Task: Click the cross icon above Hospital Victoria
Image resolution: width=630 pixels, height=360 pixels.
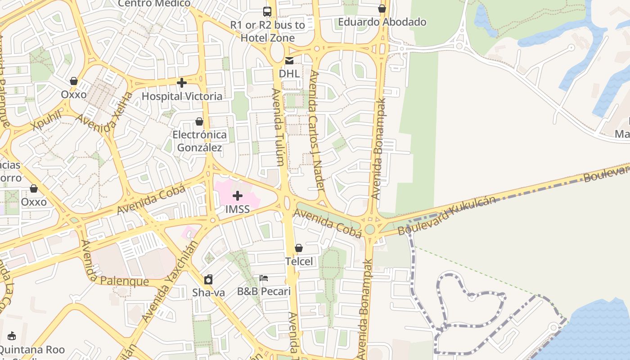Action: point(182,83)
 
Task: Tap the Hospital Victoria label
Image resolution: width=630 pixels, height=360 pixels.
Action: point(182,96)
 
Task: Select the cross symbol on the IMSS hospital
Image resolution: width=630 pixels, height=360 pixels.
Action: point(238,196)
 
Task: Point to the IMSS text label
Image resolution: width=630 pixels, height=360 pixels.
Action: point(238,209)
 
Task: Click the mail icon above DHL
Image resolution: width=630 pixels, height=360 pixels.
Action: point(289,61)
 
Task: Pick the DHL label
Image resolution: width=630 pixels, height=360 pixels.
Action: point(289,73)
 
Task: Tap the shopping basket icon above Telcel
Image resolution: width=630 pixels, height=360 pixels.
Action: point(299,248)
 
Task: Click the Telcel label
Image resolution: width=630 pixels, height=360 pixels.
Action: point(299,261)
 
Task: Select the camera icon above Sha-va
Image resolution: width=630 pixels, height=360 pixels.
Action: point(208,279)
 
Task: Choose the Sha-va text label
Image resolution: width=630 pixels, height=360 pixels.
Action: point(208,292)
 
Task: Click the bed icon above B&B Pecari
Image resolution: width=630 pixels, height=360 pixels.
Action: point(264,278)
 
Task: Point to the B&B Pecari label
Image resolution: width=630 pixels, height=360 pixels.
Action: point(264,292)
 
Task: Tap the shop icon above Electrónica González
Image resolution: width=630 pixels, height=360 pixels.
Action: point(199,122)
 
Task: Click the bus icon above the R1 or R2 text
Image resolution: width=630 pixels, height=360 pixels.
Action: point(267,12)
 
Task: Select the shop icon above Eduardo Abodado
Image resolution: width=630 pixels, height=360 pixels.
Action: point(382,9)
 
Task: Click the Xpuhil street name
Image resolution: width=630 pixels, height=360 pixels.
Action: point(47,121)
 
